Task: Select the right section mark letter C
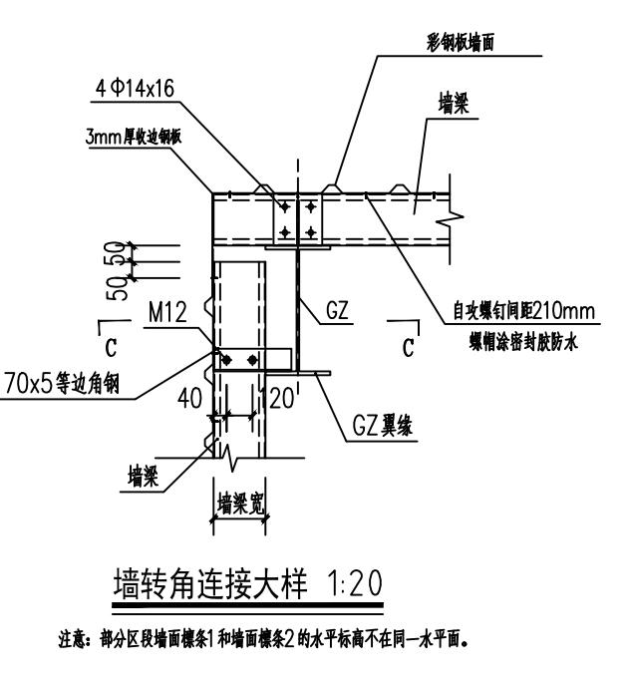point(408,348)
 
